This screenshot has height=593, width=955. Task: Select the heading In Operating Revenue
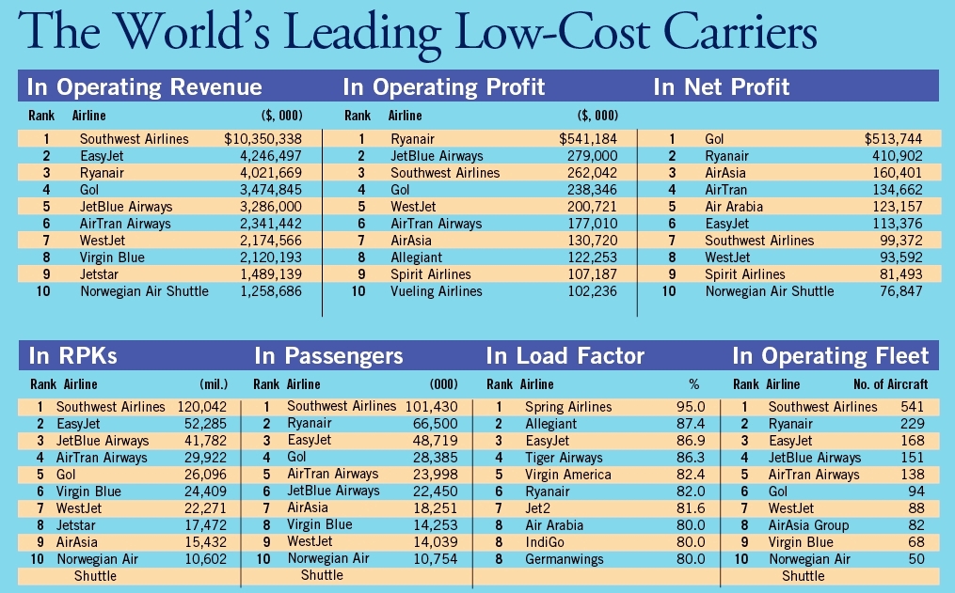pyautogui.click(x=144, y=87)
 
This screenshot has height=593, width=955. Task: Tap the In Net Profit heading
pyautogui.click(x=722, y=87)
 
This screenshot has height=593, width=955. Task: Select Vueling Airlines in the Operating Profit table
pyautogui.click(x=436, y=291)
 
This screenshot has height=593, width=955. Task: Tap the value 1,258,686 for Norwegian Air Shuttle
pyautogui.click(x=276, y=291)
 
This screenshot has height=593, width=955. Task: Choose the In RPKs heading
pyautogui.click(x=72, y=356)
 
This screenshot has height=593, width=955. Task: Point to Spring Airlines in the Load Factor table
pyautogui.click(x=567, y=407)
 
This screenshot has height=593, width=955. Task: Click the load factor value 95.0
pyautogui.click(x=691, y=407)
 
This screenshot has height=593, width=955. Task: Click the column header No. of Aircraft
pyautogui.click(x=890, y=384)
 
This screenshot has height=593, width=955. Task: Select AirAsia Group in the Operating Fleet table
pyautogui.click(x=808, y=525)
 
